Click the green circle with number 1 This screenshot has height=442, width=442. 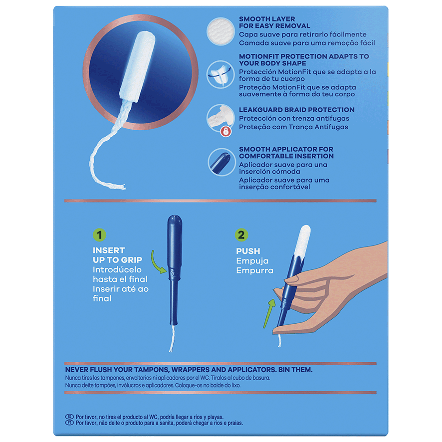pos(99,235)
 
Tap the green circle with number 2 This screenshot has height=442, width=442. pos(241,235)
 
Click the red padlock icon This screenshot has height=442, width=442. pos(226,131)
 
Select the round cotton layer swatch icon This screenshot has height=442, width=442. pos(221,31)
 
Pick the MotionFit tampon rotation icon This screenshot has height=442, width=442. pos(221,75)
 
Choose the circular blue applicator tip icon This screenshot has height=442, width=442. pos(222,162)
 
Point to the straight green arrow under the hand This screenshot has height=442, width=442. pos(269,314)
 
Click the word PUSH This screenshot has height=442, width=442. pos(248,251)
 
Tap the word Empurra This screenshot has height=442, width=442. pos(255,270)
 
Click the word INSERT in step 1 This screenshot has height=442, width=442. pos(109,250)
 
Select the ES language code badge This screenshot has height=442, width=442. pos(70,417)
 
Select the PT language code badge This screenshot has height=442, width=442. pos(70,423)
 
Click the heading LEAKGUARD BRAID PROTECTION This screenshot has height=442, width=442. pos(297,110)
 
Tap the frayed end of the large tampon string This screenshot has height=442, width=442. pos(122,187)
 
